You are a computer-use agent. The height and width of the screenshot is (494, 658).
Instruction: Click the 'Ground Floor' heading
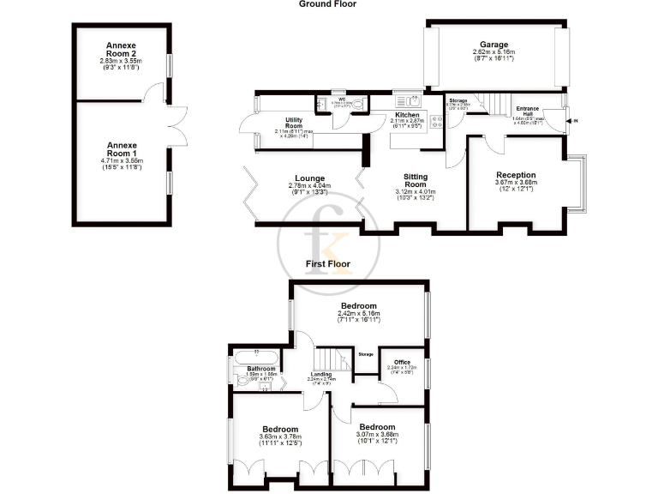point(327,4)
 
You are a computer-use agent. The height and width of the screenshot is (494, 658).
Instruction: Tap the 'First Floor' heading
point(328,264)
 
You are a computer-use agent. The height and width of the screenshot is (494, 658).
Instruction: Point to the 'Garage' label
point(493,45)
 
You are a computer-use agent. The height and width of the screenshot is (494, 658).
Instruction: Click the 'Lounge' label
point(306,178)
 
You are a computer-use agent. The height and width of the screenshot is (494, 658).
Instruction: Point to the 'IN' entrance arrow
point(575,121)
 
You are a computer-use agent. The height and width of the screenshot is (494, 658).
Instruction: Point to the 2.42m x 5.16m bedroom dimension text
point(359,315)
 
